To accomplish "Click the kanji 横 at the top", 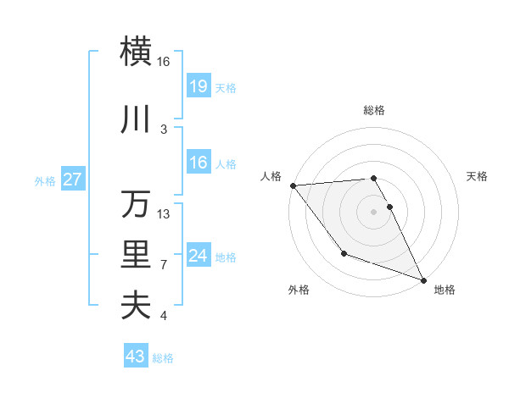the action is tap(137, 51).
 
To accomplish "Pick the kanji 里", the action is tap(137, 255).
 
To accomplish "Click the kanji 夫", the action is tap(137, 305).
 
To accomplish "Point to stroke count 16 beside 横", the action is tap(164, 62).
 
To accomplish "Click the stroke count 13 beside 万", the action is tap(164, 214).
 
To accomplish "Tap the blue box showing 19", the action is tap(198, 86).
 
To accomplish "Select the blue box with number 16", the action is tap(198, 163).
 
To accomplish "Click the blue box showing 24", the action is tap(198, 255).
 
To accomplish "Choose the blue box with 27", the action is tap(72, 180).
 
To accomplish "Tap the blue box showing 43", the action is tap(135, 357).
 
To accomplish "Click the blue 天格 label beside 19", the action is tap(226, 87).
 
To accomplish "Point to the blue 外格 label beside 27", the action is tap(45, 180).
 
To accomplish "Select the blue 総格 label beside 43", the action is tap(163, 358).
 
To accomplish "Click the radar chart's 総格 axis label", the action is tap(374, 110).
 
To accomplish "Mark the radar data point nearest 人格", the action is tap(293, 185).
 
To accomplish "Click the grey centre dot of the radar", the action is tap(373, 211).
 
